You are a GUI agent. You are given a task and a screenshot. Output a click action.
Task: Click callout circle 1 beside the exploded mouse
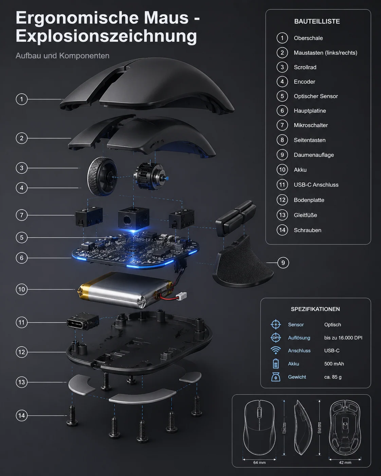(22, 99)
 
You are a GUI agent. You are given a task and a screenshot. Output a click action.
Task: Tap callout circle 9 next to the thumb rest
(283, 263)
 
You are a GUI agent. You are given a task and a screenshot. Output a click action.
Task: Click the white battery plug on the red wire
(182, 296)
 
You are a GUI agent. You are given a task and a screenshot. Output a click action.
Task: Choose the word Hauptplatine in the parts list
(310, 111)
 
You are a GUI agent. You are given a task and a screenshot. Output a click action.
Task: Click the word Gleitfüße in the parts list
(305, 215)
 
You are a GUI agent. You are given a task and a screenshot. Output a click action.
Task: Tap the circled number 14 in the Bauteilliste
(282, 230)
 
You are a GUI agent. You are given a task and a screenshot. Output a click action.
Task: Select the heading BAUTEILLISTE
(317, 21)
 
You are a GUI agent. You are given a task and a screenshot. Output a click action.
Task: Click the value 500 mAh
(334, 364)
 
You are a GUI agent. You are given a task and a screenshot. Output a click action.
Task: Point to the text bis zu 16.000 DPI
(343, 337)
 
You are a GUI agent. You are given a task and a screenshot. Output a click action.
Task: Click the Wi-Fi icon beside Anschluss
(276, 350)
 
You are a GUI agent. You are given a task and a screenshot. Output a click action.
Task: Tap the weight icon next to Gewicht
(276, 377)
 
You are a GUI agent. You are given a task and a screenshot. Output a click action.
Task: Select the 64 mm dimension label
(259, 462)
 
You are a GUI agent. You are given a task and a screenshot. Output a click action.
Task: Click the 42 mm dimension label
(345, 462)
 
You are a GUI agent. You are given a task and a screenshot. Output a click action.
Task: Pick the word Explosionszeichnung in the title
(106, 36)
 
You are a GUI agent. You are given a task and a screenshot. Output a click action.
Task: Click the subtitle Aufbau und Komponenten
(62, 56)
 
